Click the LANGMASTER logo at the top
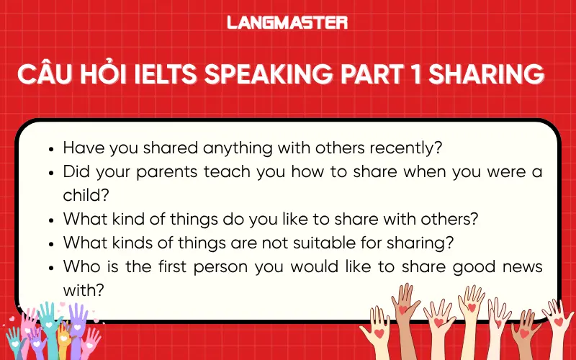tap(287, 22)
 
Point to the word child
tap(83, 194)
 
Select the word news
tap(521, 266)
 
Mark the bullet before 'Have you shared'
tap(50, 149)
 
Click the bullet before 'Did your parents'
tap(50, 173)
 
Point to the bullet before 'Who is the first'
tap(50, 267)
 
